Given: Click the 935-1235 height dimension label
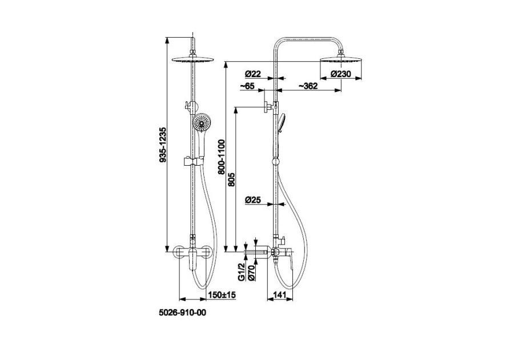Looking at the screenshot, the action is coord(163,145).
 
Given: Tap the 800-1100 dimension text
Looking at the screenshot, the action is coord(222,157).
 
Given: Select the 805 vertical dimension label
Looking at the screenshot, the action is coord(231,179).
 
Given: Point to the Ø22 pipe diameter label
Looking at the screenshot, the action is coord(253,74).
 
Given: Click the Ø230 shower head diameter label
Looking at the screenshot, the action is coord(340,74).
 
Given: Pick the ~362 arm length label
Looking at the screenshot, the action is coord(308,86).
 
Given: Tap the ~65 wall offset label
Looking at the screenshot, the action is coord(247,86).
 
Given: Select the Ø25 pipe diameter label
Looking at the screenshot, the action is coord(253,199).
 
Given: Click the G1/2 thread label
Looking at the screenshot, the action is coord(242,272).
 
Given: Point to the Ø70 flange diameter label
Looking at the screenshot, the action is coord(252,273).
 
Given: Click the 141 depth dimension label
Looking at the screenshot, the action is coord(280,295).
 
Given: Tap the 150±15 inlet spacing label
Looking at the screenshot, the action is coord(222,295).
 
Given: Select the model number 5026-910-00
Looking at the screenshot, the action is coord(183,313).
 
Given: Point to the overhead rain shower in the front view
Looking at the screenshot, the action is coord(193,59).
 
